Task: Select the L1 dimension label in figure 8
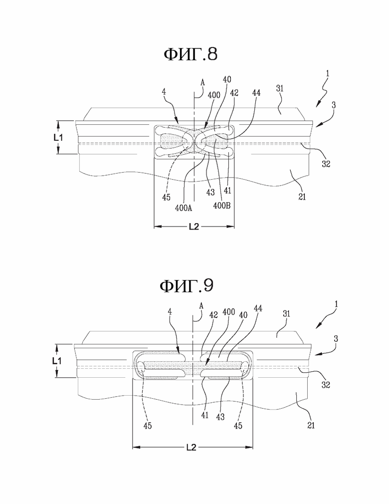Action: click(58, 138)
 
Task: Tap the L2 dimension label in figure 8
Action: click(194, 227)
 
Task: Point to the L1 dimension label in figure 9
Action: click(57, 361)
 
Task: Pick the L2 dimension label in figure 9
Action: click(192, 447)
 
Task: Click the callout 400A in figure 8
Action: click(184, 208)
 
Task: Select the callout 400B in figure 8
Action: click(222, 206)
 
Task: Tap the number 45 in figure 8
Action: click(166, 197)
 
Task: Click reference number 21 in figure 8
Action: click(302, 197)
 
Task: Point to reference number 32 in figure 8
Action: click(326, 164)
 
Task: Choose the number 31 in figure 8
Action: click(280, 88)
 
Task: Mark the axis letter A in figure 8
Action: click(202, 83)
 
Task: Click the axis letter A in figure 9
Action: click(201, 306)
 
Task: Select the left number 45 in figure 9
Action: click(148, 426)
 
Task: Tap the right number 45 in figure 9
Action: click(238, 426)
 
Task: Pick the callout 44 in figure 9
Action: click(258, 308)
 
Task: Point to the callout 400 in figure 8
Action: click(214, 95)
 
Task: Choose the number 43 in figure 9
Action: click(220, 417)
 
